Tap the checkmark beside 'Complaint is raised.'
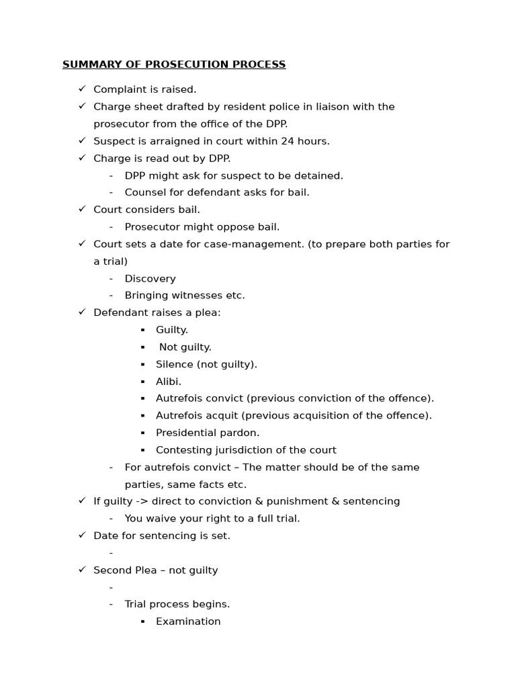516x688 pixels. click(82, 89)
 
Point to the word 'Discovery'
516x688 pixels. click(150, 278)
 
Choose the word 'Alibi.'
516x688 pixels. click(169, 382)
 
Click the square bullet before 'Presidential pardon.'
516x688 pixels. click(143, 433)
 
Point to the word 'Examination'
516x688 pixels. click(188, 621)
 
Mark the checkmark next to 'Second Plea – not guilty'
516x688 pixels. click(82, 570)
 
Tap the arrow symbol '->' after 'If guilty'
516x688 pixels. click(142, 501)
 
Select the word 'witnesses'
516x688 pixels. click(202, 296)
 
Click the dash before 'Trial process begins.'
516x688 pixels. click(111, 605)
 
